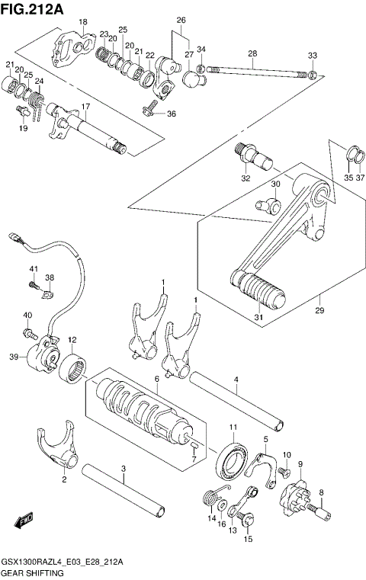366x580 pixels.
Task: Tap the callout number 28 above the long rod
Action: tap(252, 53)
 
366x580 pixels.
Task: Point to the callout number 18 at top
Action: tap(83, 21)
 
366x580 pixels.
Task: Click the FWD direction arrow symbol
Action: tap(23, 521)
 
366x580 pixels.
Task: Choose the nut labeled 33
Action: tap(313, 75)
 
